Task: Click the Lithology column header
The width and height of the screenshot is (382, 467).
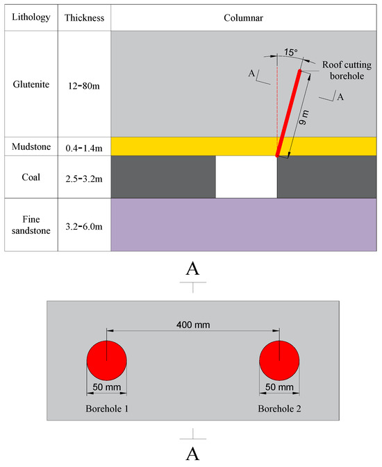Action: click(x=30, y=17)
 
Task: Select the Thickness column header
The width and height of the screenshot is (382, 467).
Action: click(x=84, y=17)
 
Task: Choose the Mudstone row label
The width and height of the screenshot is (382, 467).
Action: click(x=30, y=146)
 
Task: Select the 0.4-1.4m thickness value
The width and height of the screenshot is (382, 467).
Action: click(x=84, y=147)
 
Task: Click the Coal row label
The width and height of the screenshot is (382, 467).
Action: click(x=30, y=177)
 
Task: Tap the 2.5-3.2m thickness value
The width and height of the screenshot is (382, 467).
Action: click(x=84, y=178)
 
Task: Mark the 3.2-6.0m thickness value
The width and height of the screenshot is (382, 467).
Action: click(x=84, y=225)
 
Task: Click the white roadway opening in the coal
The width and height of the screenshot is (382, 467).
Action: click(x=246, y=177)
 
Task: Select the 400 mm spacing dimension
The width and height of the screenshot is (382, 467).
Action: click(x=193, y=324)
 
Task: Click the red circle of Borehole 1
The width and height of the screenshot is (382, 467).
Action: click(x=106, y=362)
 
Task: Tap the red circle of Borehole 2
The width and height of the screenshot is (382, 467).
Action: click(x=279, y=362)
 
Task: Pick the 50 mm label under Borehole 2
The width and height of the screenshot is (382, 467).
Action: click(x=279, y=387)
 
